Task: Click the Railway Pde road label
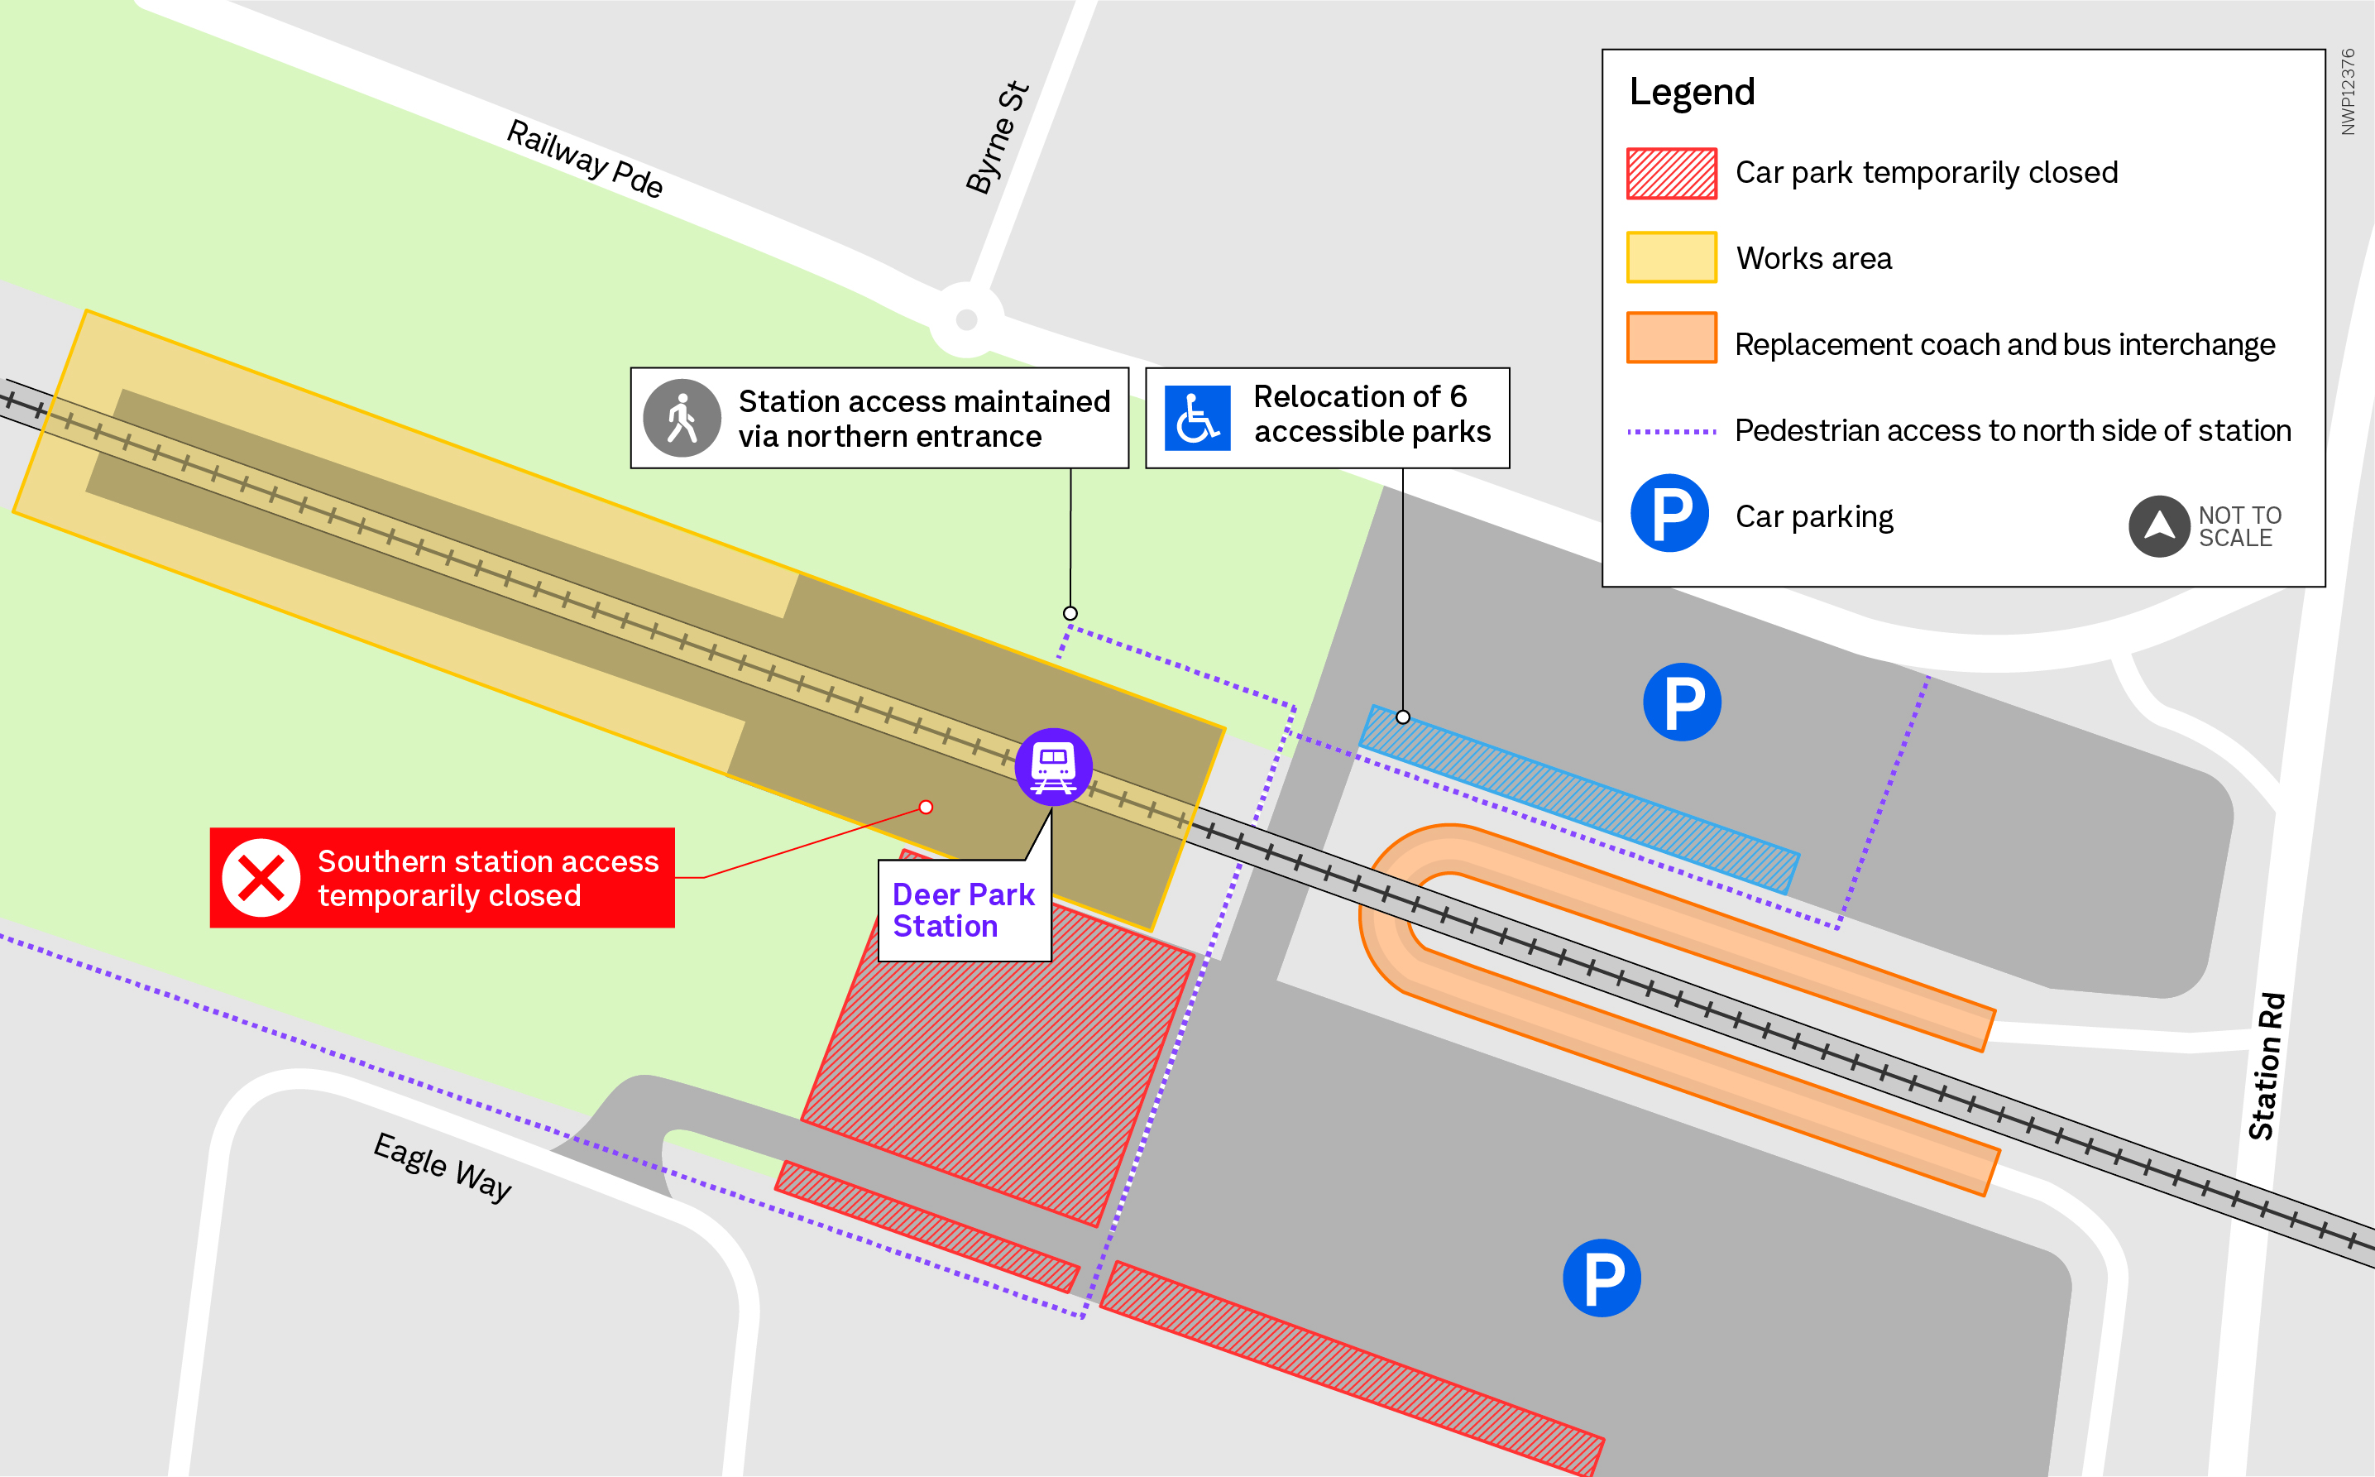click(585, 158)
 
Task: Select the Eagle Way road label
click(443, 1168)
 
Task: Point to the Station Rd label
click(2267, 1066)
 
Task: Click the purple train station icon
click(1053, 766)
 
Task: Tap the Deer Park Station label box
click(964, 910)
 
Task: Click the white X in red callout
click(261, 877)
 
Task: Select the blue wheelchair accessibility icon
click(1197, 418)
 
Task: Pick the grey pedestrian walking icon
click(682, 418)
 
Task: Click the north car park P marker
click(1682, 702)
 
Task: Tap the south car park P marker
click(1602, 1278)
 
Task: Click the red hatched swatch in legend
click(1671, 174)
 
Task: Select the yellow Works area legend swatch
click(1671, 257)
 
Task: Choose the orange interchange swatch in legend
click(1671, 338)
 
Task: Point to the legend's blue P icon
click(1669, 513)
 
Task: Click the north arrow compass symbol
click(2158, 526)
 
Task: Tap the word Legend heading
click(1692, 92)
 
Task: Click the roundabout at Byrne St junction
click(966, 319)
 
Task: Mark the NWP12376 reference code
click(2348, 92)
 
